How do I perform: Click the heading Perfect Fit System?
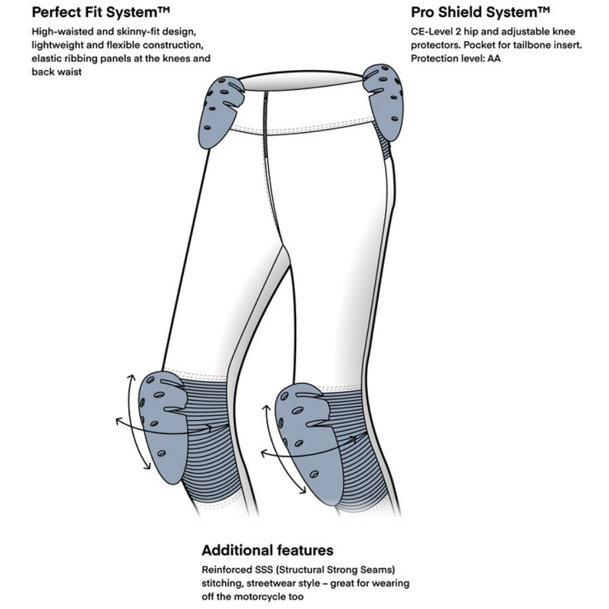tap(101, 13)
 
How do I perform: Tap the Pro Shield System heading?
tap(480, 13)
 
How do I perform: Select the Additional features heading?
tap(268, 550)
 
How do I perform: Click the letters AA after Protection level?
tap(494, 58)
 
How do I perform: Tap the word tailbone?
tap(530, 45)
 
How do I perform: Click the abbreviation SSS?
tap(264, 569)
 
